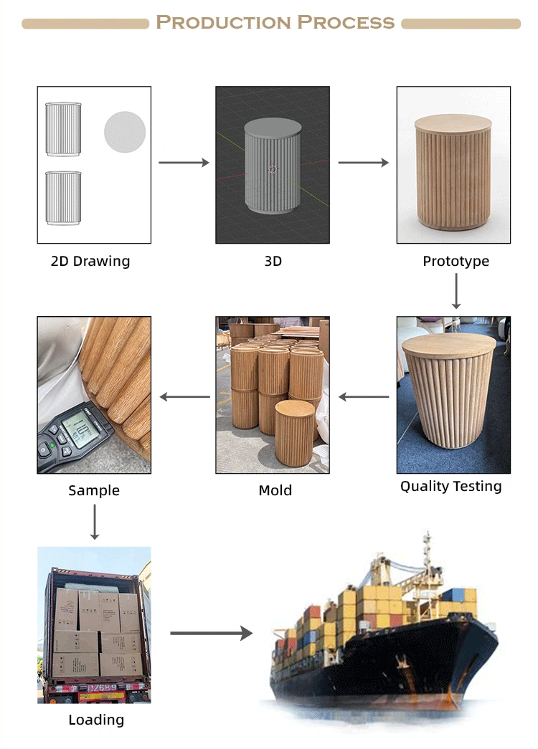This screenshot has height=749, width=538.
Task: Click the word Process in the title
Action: point(346,22)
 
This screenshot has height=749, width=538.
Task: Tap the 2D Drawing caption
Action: point(90,261)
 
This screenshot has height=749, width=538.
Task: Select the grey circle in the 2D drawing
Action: point(125,132)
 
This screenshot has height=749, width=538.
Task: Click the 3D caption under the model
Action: point(273,262)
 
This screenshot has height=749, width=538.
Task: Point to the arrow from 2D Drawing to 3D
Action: point(184,163)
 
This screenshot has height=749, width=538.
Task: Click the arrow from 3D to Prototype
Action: point(363,163)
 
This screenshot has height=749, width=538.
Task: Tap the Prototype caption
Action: point(456,261)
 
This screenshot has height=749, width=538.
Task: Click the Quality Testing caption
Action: point(450,487)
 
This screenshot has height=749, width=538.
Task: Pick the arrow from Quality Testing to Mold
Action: point(364,396)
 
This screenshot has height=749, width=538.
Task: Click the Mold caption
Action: point(275,491)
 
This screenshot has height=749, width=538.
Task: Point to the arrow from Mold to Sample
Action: point(184,396)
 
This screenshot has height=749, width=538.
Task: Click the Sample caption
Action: point(94,491)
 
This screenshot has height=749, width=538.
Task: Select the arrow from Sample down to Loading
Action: point(94,522)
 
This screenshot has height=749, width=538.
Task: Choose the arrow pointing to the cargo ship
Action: point(212,633)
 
